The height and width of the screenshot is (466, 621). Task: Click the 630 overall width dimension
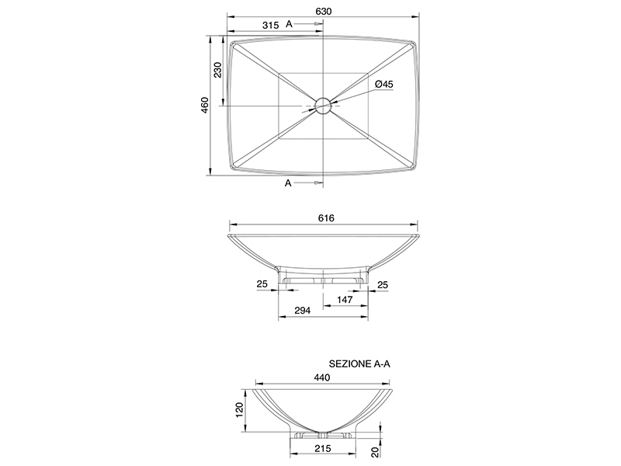323,12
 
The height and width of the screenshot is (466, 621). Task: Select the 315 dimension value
270,26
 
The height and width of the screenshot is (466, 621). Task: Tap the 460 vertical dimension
205,105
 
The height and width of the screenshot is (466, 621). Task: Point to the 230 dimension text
218,70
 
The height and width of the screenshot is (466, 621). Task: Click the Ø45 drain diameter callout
383,84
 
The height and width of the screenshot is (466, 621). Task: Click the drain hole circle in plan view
323,106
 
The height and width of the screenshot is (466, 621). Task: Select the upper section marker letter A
289,24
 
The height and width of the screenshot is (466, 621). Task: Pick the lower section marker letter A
288,183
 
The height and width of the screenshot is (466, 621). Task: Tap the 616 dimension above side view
326,218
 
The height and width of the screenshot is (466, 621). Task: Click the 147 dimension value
345,300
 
